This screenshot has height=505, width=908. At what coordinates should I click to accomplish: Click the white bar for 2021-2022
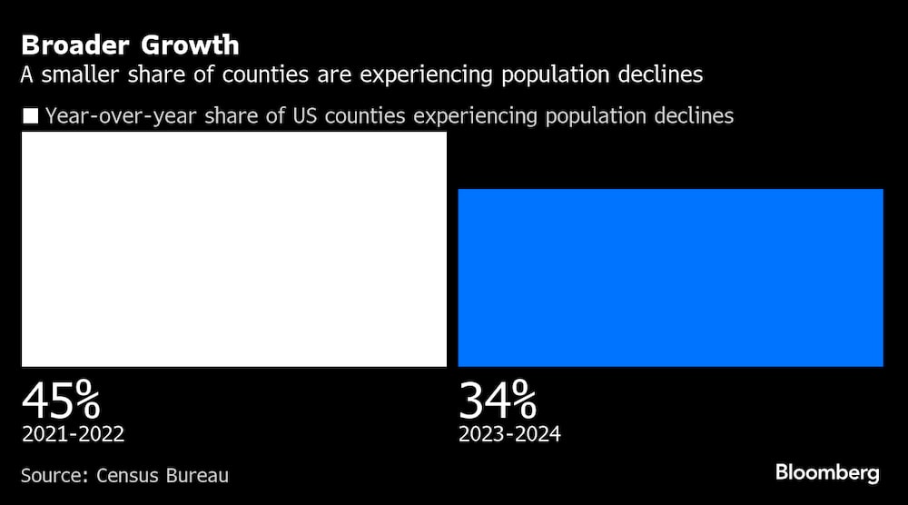pyautogui.click(x=234, y=249)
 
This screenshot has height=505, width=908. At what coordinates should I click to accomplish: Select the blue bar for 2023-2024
pyautogui.click(x=670, y=277)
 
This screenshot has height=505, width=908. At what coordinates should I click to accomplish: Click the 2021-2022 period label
pyautogui.click(x=73, y=434)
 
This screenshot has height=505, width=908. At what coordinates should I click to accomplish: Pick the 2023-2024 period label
pyautogui.click(x=509, y=434)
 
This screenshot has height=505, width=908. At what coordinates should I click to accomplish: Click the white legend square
pyautogui.click(x=30, y=116)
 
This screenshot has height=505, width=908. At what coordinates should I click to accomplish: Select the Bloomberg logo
pyautogui.click(x=827, y=473)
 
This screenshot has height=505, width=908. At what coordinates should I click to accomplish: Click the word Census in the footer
pyautogui.click(x=129, y=475)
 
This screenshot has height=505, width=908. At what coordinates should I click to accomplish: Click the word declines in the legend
pyautogui.click(x=696, y=116)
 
